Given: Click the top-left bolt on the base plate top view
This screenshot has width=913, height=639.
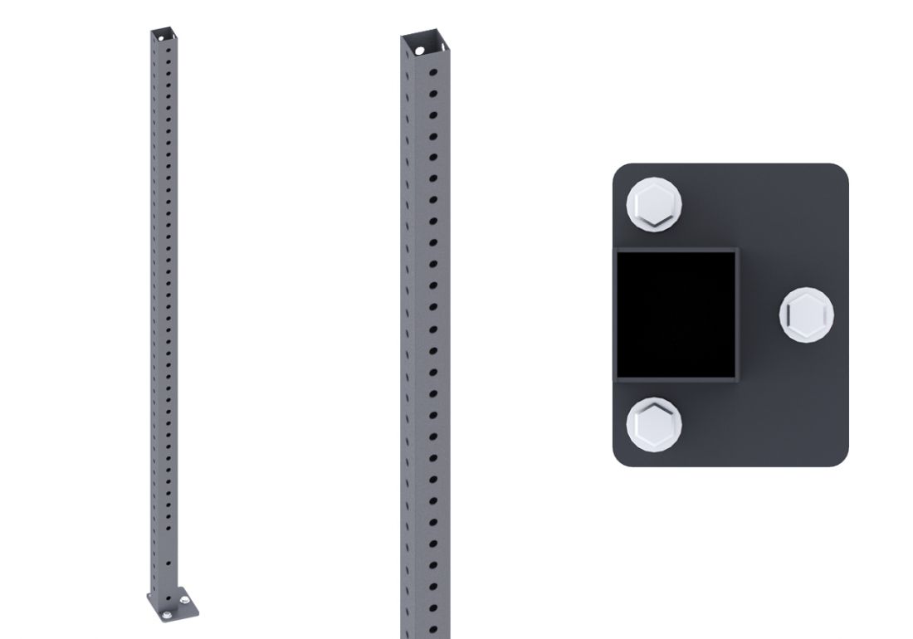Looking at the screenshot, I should tap(654, 205).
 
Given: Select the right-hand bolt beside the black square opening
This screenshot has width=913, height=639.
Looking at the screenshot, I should tap(807, 315).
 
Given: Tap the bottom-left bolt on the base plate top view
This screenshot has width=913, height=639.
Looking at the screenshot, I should tap(654, 424).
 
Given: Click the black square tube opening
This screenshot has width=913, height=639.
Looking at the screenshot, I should tap(676, 313).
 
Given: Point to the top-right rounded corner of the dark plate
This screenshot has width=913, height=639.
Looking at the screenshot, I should tap(840, 172).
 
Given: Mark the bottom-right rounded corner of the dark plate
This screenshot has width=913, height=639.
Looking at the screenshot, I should tap(840, 457).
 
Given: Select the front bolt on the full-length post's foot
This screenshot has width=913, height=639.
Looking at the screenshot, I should tap(168, 614).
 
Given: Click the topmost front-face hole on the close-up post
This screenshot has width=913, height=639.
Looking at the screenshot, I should tap(433, 72).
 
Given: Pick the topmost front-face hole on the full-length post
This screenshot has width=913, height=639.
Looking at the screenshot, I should tap(168, 49).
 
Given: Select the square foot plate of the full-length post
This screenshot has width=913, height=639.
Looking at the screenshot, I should tap(174, 607).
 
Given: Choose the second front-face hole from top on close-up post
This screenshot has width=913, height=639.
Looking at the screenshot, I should tap(433, 93).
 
